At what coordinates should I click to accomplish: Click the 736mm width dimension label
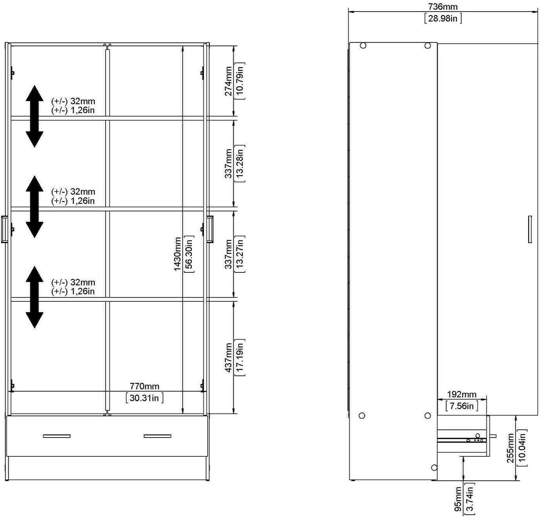[443, 7]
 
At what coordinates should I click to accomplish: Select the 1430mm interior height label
[178, 254]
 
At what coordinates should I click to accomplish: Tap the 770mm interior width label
[144, 386]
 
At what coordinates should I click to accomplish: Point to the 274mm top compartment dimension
[228, 81]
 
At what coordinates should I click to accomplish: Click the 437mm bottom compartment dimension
[228, 358]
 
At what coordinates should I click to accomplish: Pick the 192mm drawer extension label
[462, 395]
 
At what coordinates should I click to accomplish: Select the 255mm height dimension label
[510, 448]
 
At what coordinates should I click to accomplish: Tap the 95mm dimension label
[458, 499]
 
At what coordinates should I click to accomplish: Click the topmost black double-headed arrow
[34, 116]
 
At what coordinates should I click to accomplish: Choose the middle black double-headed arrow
[34, 206]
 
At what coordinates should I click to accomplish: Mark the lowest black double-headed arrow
[34, 297]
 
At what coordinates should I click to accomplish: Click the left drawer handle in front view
[57, 436]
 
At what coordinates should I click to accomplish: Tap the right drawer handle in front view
[157, 436]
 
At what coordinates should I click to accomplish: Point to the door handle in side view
[530, 229]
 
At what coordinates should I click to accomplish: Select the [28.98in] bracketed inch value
[443, 18]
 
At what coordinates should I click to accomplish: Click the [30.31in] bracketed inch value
[144, 398]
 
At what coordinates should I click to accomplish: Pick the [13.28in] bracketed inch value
[240, 163]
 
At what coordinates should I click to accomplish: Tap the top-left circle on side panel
[363, 46]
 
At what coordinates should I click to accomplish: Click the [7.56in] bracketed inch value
[462, 406]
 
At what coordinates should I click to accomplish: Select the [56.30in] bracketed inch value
[189, 254]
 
